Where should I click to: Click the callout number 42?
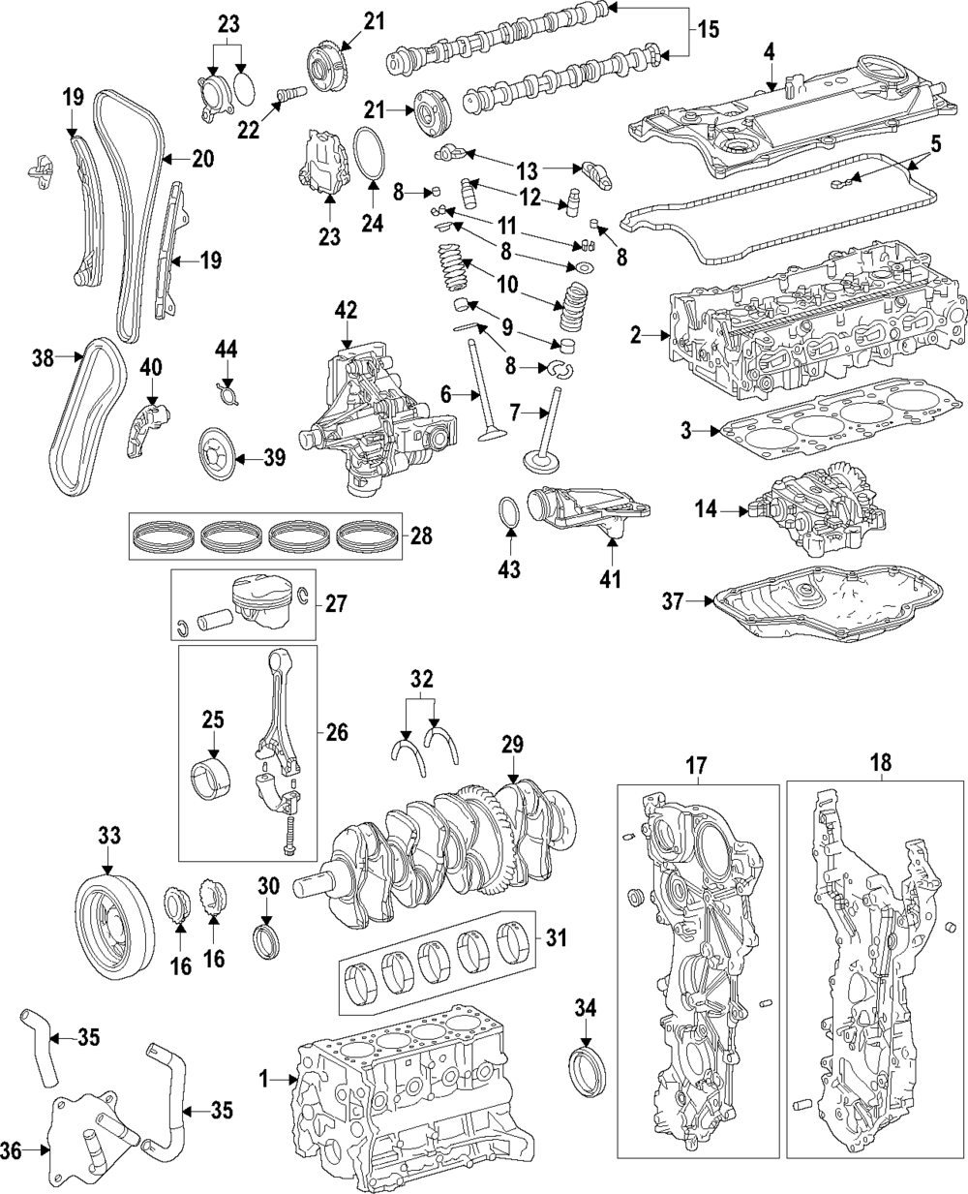347,311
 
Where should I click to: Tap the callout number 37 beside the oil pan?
673,601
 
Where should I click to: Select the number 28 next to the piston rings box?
421,536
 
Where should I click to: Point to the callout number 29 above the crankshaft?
513,745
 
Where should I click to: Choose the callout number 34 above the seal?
586,1008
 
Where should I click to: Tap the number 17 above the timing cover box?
697,765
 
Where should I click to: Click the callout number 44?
227,350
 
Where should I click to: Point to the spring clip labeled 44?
227,389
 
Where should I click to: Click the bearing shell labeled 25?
212,780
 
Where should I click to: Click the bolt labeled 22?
290,93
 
